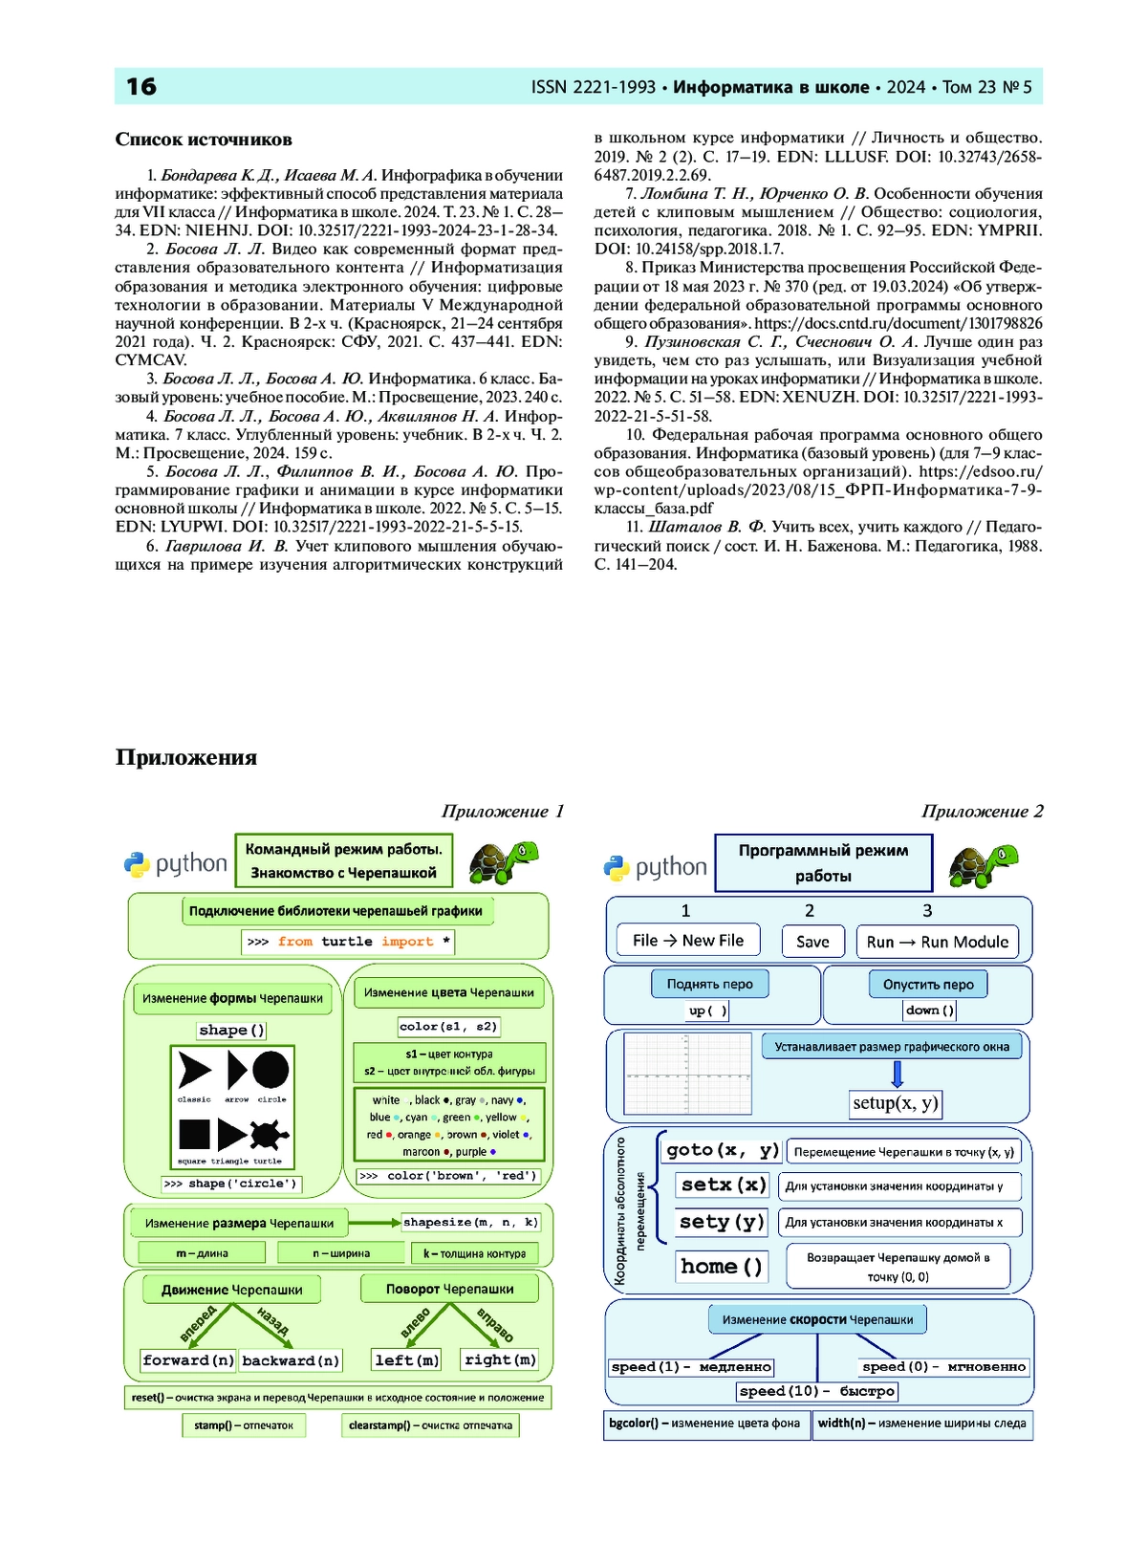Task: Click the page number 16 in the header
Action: pyautogui.click(x=141, y=87)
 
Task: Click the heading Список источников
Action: pyautogui.click(x=204, y=140)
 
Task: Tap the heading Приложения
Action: pyautogui.click(x=186, y=758)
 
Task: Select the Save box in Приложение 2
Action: pyautogui.click(x=812, y=942)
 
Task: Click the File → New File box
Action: pyautogui.click(x=687, y=941)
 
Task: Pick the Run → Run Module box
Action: pyautogui.click(x=937, y=942)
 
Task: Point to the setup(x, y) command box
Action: pyautogui.click(x=896, y=1103)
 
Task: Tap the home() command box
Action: pyautogui.click(x=722, y=1267)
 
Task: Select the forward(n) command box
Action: pyautogui.click(x=188, y=1360)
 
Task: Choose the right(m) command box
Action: pyautogui.click(x=500, y=1359)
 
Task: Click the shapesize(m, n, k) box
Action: pyautogui.click(x=470, y=1222)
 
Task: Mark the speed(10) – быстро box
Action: pyautogui.click(x=817, y=1391)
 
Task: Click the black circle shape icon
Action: pyautogui.click(x=271, y=1070)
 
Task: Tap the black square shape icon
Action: pyautogui.click(x=194, y=1135)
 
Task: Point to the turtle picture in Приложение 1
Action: pyautogui.click(x=504, y=862)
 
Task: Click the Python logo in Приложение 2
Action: pyautogui.click(x=617, y=868)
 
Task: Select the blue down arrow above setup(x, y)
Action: pyautogui.click(x=897, y=1075)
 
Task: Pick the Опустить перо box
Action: pyautogui.click(x=928, y=984)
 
